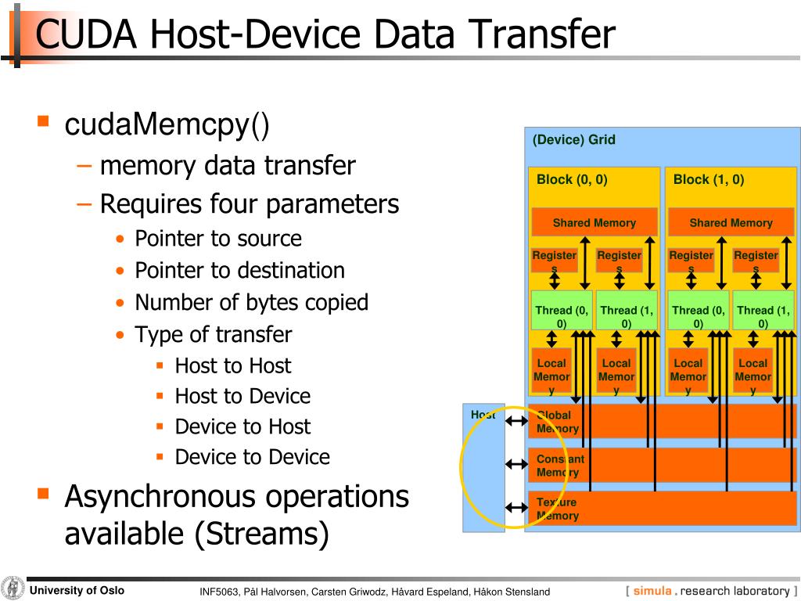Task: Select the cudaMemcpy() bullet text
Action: click(167, 125)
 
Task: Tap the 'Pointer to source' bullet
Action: click(217, 239)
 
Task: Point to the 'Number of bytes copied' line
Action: click(251, 303)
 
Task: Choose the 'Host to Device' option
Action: click(242, 396)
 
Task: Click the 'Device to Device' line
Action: click(252, 457)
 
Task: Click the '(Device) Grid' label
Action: click(573, 140)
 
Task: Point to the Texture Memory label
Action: click(557, 509)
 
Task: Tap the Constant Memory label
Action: click(560, 466)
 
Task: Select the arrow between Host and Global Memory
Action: click(516, 422)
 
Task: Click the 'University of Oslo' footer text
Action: click(77, 591)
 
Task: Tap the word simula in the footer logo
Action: click(652, 592)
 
